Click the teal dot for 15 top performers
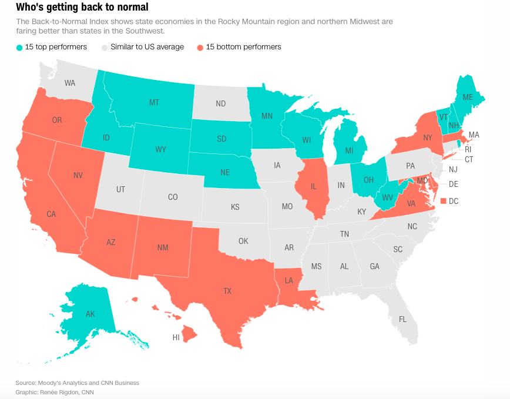click(20, 47)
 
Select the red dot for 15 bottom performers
click(200, 47)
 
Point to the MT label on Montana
click(154, 103)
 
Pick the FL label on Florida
click(402, 320)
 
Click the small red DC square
click(444, 201)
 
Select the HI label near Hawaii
click(176, 337)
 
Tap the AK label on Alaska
click(90, 314)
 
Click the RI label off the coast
click(468, 149)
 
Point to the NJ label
click(453, 169)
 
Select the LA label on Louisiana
click(289, 280)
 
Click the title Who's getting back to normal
click(82, 8)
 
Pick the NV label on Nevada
click(78, 175)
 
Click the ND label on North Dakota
click(220, 103)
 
